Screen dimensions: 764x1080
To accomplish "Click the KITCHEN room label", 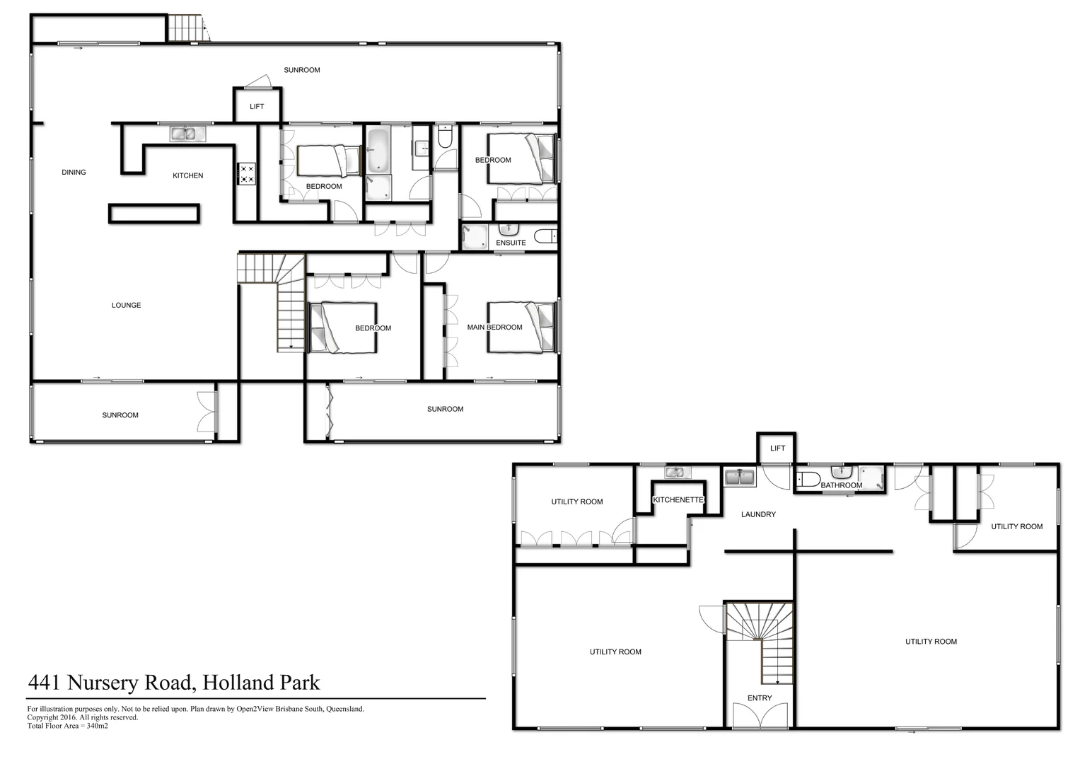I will (187, 175).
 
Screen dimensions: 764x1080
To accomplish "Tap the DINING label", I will (74, 172).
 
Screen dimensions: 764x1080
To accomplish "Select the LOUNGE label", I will (126, 305).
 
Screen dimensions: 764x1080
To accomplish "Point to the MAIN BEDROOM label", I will (494, 328).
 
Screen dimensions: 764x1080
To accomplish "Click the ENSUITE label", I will (511, 243).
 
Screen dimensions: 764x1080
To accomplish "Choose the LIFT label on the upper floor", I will (257, 107).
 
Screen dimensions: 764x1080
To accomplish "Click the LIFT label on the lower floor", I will (777, 448).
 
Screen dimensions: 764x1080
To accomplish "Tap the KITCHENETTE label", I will (678, 500).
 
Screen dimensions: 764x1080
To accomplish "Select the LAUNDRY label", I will (758, 514).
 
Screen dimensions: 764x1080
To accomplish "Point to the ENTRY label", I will (760, 698).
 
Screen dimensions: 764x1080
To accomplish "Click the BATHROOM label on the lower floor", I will (841, 485).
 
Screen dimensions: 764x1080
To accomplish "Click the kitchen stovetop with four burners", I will (247, 174).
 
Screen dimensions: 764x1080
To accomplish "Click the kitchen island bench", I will (154, 214).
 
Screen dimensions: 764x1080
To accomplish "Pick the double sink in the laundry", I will (741, 477).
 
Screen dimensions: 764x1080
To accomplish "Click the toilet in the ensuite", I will (545, 236).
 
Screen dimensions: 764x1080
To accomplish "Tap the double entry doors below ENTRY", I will (760, 716).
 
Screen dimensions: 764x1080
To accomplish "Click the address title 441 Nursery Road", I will (173, 683).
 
